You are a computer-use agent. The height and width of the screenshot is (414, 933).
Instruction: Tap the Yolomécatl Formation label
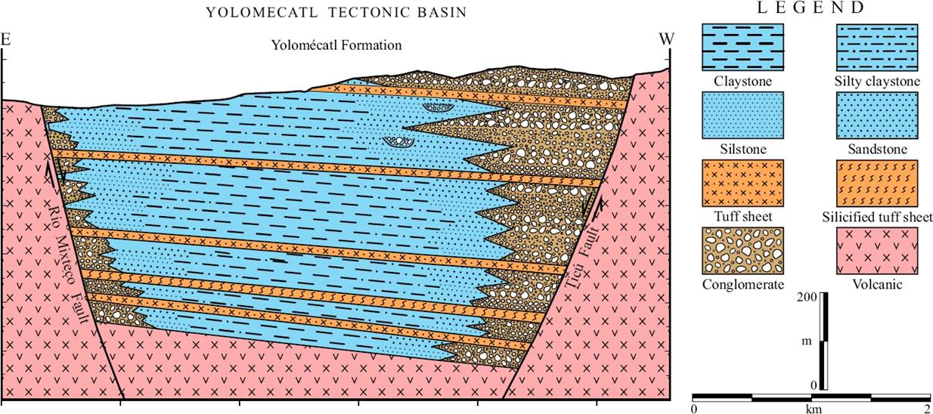click(x=336, y=45)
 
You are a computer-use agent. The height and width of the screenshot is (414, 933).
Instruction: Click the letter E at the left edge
click(x=6, y=39)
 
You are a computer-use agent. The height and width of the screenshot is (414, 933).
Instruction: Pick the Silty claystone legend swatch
click(x=876, y=47)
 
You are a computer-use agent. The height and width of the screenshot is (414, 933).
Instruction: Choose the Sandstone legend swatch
click(x=876, y=115)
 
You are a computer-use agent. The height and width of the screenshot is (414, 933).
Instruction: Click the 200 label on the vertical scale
click(x=807, y=298)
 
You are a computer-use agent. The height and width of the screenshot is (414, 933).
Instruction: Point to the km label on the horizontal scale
click(x=814, y=409)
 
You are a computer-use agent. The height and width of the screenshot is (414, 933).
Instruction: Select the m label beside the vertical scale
click(x=807, y=341)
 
